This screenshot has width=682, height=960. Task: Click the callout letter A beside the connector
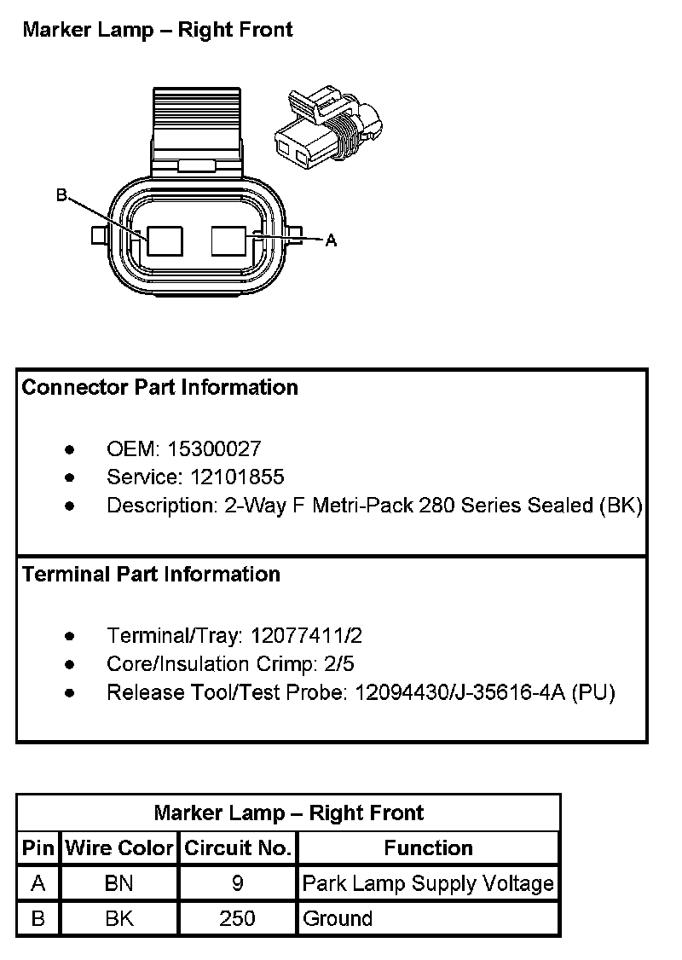click(332, 241)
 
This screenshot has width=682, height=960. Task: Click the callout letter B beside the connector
click(61, 196)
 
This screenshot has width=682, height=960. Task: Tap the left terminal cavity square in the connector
click(165, 240)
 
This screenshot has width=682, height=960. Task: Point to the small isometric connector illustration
click(328, 125)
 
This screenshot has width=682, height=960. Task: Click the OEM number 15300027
click(214, 448)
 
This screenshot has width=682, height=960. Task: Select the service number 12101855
click(226, 477)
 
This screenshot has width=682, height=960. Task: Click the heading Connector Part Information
click(160, 388)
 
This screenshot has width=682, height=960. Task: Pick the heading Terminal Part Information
click(152, 575)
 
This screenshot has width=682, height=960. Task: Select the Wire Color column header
click(119, 848)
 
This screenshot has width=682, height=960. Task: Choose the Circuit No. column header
click(238, 848)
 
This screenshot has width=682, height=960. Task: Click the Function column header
click(428, 848)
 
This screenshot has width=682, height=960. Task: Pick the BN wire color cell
click(119, 884)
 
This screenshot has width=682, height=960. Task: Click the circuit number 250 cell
click(238, 919)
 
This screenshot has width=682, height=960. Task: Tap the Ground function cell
click(338, 919)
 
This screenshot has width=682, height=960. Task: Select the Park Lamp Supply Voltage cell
click(428, 884)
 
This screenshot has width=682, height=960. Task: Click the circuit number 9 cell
click(238, 884)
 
